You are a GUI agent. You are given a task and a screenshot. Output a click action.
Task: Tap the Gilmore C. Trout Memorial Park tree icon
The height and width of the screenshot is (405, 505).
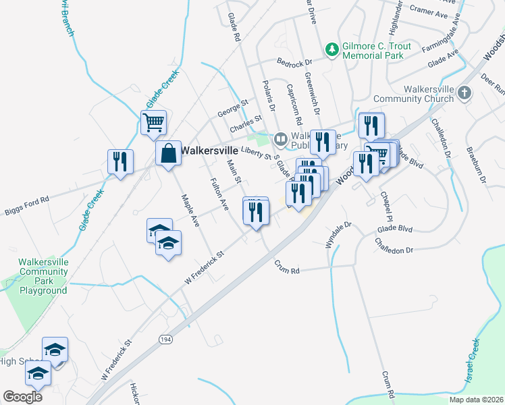[331, 49]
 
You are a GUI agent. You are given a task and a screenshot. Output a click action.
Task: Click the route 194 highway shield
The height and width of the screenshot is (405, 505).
[165, 339]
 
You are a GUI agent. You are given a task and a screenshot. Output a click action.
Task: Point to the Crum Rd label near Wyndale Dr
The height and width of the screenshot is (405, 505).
[286, 267]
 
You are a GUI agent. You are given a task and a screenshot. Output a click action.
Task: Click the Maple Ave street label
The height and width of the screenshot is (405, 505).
[190, 210]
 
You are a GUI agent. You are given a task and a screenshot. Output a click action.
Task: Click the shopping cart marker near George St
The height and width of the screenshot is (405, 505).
[154, 123]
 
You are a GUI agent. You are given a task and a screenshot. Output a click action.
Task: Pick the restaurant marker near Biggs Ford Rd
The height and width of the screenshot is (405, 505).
[120, 161]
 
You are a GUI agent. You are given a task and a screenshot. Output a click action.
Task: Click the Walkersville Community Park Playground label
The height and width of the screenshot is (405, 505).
[43, 276]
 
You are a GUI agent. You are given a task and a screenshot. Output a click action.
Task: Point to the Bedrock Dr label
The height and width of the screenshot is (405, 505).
[294, 61]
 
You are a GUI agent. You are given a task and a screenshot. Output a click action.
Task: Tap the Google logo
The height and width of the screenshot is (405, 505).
[22, 397]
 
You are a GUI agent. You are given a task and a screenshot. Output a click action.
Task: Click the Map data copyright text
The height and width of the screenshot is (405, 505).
[477, 400]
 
